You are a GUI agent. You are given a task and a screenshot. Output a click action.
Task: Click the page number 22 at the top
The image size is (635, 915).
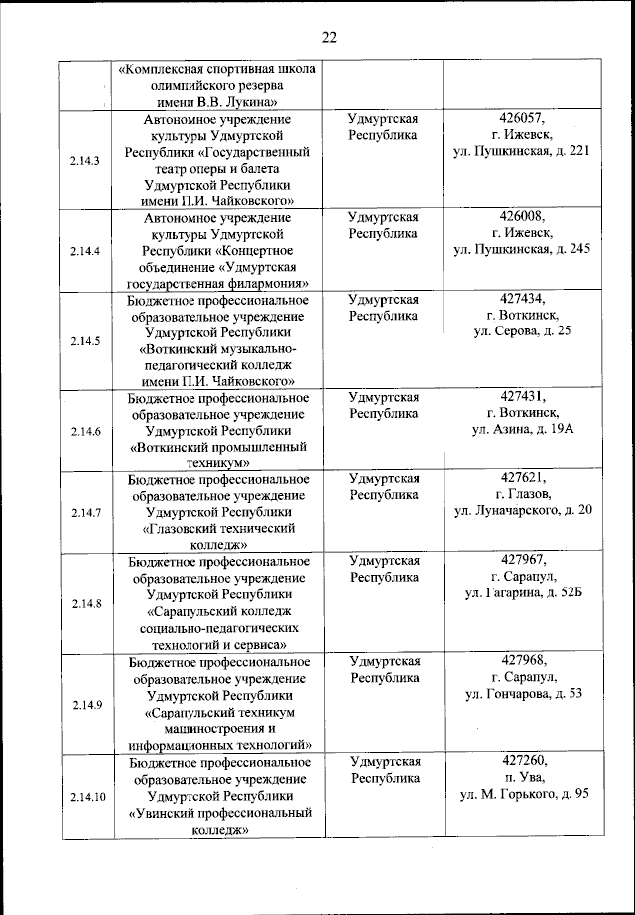tap(329, 37)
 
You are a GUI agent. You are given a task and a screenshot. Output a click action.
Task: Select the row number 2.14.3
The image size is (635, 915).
tap(86, 161)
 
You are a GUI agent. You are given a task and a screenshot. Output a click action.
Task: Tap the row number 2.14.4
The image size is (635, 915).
tap(86, 251)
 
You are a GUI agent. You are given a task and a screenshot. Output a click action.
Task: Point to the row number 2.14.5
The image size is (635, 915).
tap(86, 340)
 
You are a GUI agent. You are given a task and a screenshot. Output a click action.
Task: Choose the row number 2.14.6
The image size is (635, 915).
tap(86, 431)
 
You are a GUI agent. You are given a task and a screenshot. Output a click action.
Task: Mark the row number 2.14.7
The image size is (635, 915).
tap(86, 513)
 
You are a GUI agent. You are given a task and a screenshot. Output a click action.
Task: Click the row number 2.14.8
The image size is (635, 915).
tap(86, 603)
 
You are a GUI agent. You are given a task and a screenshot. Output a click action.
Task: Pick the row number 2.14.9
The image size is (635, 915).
tap(86, 705)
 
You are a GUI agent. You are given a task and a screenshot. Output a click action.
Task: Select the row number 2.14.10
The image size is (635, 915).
tap(86, 797)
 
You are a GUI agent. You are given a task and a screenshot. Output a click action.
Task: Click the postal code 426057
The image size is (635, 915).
tap(523, 118)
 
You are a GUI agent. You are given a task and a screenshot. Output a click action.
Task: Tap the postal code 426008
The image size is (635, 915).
tap(523, 215)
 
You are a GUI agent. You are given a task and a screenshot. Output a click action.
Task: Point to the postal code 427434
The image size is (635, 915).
tap(523, 297)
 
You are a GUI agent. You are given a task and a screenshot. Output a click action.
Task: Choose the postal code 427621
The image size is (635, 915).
tap(523, 477)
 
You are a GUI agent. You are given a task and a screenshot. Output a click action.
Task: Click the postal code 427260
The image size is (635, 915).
tap(523, 761)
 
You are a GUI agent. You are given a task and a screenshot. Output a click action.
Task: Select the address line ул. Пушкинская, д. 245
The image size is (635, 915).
tap(523, 249)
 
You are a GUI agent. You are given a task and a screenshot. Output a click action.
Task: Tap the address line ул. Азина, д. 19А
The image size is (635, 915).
tap(523, 429)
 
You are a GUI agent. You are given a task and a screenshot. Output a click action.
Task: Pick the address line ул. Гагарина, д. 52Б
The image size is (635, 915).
tap(523, 592)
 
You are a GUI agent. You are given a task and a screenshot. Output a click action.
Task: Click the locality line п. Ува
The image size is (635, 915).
tap(523, 777)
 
